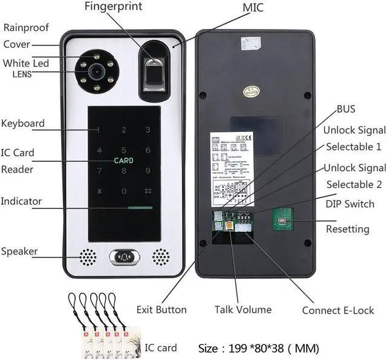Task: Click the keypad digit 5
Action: tap(124, 150)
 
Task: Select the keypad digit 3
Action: tap(147, 129)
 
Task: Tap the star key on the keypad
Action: tap(100, 191)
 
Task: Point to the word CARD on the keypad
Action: tap(124, 161)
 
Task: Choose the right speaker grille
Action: tap(160, 257)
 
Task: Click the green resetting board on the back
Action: tap(282, 222)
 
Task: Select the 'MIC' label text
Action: tap(253, 8)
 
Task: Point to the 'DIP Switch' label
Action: tap(350, 204)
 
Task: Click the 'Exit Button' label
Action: tap(161, 310)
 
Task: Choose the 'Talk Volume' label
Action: tap(243, 310)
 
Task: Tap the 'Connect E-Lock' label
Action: tap(338, 310)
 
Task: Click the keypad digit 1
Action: tap(99, 130)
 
